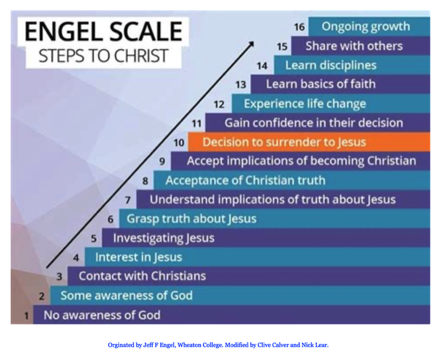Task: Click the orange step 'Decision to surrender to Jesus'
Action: pos(284,141)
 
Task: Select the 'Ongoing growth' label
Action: pos(365,27)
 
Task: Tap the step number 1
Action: pos(27,315)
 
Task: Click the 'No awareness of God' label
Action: pos(102,315)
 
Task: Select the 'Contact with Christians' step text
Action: pos(142,276)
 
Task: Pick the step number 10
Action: pos(179,142)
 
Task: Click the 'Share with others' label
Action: pos(354,46)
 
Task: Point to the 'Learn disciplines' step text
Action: pos(330,65)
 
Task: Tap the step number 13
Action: pos(241,85)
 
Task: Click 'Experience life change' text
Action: pos(305,103)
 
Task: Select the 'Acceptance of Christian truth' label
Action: pos(245,180)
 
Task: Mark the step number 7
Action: pos(128,200)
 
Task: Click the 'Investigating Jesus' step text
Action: pos(164,238)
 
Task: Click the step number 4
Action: pos(76,258)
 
